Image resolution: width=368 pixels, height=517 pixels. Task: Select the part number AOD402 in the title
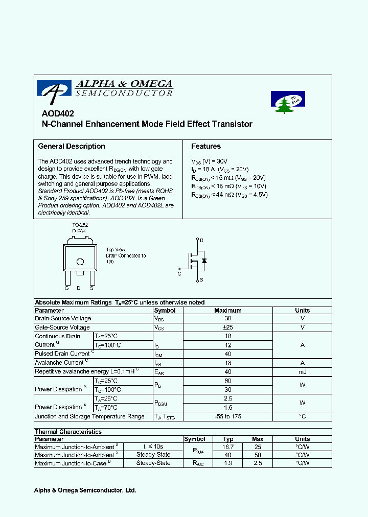pyautogui.click(x=54, y=114)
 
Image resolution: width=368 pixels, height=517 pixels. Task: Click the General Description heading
pyautogui.click(x=72, y=146)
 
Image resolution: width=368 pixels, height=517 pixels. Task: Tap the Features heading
pyautogui.click(x=206, y=146)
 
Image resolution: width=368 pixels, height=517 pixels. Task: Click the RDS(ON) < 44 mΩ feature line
pyautogui.click(x=229, y=195)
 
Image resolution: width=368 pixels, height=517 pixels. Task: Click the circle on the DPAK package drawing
pyautogui.click(x=80, y=262)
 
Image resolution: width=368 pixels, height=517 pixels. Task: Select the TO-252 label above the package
pyautogui.click(x=79, y=224)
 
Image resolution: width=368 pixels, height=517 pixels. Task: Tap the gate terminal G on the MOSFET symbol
pyautogui.click(x=179, y=268)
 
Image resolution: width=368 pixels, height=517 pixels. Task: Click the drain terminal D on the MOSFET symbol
pyautogui.click(x=201, y=240)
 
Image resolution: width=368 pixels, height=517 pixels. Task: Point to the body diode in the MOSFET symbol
pyautogui.click(x=204, y=261)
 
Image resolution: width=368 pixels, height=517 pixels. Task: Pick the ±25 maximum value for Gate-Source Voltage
pyautogui.click(x=228, y=327)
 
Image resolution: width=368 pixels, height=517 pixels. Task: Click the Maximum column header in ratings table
pyautogui.click(x=228, y=310)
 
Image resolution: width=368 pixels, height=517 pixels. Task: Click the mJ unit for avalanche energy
pyautogui.click(x=302, y=372)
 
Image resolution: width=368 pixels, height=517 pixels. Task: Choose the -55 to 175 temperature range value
pyautogui.click(x=228, y=416)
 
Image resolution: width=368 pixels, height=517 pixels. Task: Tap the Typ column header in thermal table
pyautogui.click(x=228, y=439)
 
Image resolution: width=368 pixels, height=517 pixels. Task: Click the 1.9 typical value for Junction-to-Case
pyautogui.click(x=228, y=463)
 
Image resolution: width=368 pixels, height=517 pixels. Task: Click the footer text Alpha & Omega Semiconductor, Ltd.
pyautogui.click(x=85, y=490)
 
